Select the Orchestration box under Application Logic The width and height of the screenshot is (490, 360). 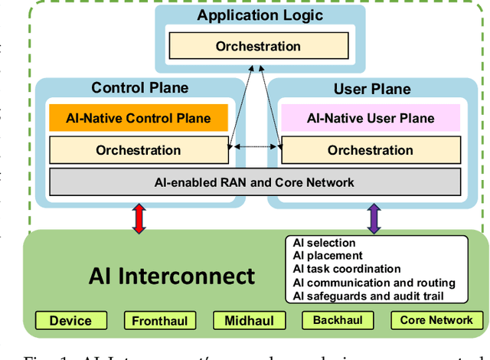(258, 46)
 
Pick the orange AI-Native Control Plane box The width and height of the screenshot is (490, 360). (139, 118)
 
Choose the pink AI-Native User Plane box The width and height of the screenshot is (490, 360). (371, 118)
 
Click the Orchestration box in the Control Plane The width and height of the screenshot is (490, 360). (139, 150)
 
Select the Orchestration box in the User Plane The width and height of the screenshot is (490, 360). (371, 150)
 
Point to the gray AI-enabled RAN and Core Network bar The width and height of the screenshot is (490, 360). (255, 182)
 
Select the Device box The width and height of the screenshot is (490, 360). (70, 321)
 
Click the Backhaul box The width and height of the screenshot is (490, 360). (338, 320)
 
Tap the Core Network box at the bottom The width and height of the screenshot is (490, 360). (436, 320)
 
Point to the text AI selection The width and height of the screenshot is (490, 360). (324, 243)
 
